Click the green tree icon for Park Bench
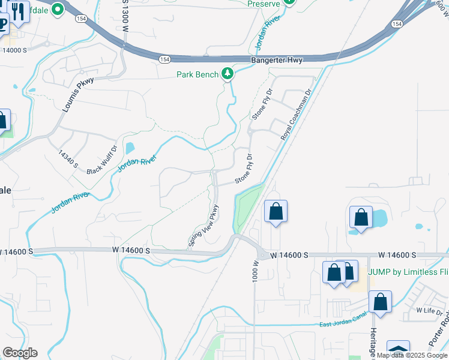click(228, 74)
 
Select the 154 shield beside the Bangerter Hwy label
click(165, 59)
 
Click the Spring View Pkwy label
click(202, 226)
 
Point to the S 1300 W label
click(125, 19)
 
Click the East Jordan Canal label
click(342, 325)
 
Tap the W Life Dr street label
click(429, 312)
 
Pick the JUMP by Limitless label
click(408, 271)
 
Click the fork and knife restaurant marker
click(19, 12)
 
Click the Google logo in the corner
click(20, 353)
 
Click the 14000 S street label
click(16, 50)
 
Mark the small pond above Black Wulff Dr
click(130, 148)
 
